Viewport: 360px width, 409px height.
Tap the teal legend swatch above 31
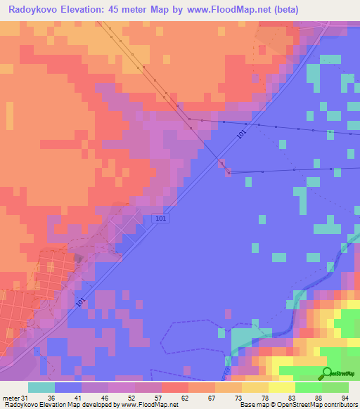[41, 387]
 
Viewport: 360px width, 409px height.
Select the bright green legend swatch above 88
[309, 387]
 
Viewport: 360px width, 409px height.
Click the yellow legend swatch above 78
[255, 387]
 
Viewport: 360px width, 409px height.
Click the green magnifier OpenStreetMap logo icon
[327, 374]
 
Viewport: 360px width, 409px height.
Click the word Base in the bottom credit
[246, 405]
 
